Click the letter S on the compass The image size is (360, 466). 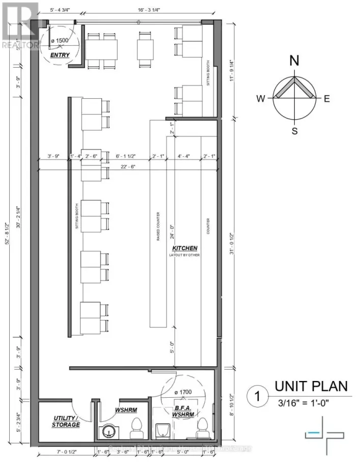(294, 131)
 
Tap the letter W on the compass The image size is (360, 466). (260, 99)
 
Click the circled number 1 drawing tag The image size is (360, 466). (258, 396)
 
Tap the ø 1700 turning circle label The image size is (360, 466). (184, 393)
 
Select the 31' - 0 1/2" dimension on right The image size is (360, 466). (231, 244)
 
